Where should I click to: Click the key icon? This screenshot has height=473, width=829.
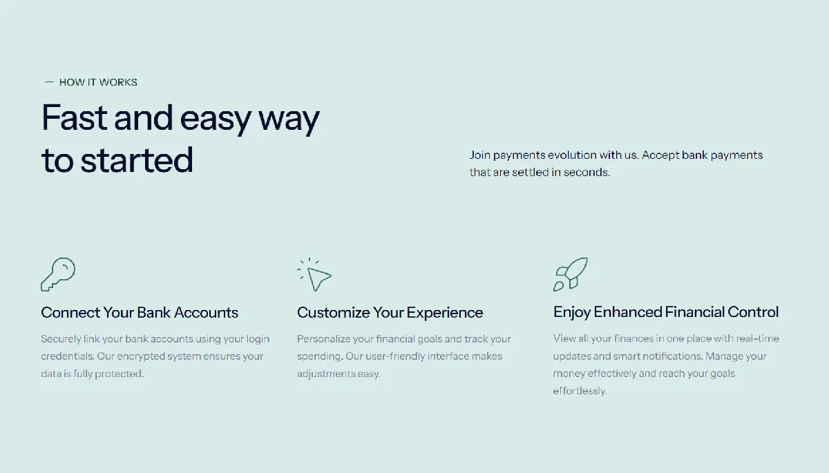pyautogui.click(x=58, y=274)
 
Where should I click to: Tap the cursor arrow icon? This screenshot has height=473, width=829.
pyautogui.click(x=314, y=274)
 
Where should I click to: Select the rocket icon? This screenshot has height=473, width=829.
pyautogui.click(x=571, y=274)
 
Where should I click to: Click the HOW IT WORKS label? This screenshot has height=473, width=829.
pyautogui.click(x=98, y=82)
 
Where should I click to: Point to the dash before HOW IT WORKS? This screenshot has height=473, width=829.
pyautogui.click(x=49, y=82)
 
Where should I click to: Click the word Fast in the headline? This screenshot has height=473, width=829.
pyautogui.click(x=75, y=117)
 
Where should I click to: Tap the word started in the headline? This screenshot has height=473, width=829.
pyautogui.click(x=137, y=160)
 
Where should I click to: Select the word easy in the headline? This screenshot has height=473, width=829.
pyautogui.click(x=215, y=120)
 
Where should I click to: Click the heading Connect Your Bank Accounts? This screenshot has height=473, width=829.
pyautogui.click(x=140, y=313)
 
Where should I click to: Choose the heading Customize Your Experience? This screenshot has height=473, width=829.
pyautogui.click(x=390, y=313)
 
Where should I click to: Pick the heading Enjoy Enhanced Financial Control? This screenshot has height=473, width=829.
pyautogui.click(x=666, y=312)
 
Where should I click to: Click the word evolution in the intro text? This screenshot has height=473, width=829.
pyautogui.click(x=572, y=155)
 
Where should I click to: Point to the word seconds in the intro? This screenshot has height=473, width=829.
pyautogui.click(x=587, y=172)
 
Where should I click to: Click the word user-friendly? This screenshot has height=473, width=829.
pyautogui.click(x=395, y=356)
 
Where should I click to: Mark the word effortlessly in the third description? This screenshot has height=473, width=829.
pyautogui.click(x=580, y=391)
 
